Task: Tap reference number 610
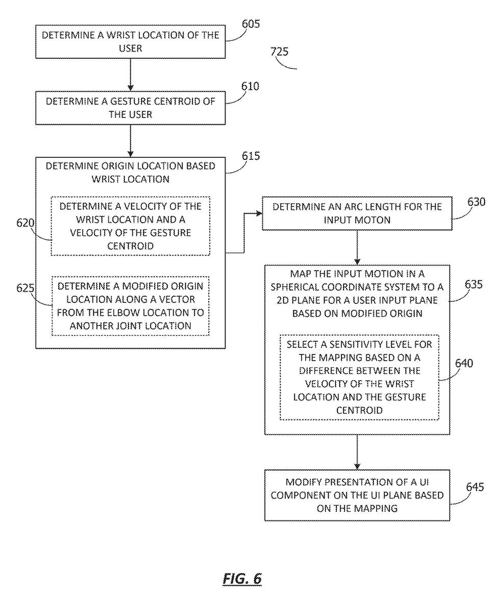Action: point(250,86)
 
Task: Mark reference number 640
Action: point(463,364)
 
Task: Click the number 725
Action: point(279,52)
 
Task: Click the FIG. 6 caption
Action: point(242,579)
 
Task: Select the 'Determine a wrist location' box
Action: point(130,42)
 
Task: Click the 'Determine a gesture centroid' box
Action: point(130,107)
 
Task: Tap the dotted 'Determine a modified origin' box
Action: point(130,306)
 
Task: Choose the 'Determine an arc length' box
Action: point(357,213)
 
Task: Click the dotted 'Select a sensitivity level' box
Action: point(359,377)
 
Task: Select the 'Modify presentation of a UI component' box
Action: point(357,495)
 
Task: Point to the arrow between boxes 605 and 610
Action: point(131,75)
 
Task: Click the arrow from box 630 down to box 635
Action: point(357,247)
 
